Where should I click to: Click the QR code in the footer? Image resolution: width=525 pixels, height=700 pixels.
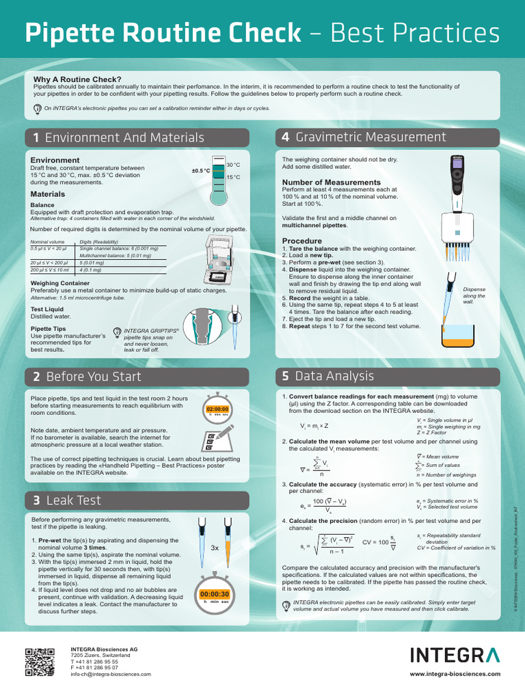pos(40,661)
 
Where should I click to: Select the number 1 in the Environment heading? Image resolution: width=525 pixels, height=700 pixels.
pos(36,137)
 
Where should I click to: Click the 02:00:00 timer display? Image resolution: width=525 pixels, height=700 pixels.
pos(217,409)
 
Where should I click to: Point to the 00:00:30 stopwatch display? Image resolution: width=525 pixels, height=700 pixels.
pos(215,594)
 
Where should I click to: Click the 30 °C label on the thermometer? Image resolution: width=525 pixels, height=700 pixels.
pos(233,165)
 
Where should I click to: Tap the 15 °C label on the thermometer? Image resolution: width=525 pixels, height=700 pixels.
pos(233,178)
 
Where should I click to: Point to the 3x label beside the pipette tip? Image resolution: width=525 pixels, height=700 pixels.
pos(215,548)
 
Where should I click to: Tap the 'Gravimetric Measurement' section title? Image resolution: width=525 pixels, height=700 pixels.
pos(371,137)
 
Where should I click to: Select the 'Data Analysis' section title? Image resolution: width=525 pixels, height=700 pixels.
pos(334,376)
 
